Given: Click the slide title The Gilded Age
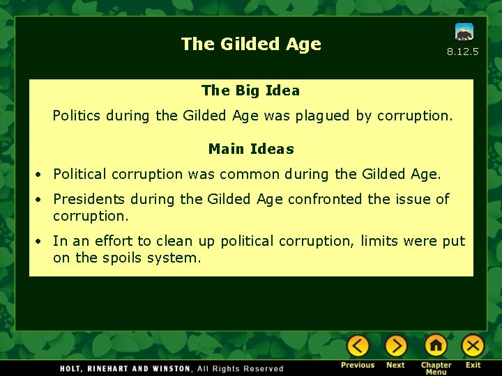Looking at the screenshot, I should pyautogui.click(x=251, y=44).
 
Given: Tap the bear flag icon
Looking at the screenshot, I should pyautogui.click(x=464, y=32).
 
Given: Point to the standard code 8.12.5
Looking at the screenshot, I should pyautogui.click(x=462, y=52).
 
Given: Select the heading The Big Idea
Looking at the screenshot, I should pyautogui.click(x=250, y=91).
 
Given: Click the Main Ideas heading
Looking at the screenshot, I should pyautogui.click(x=251, y=149).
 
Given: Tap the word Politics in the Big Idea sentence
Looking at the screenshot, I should pyautogui.click(x=77, y=116).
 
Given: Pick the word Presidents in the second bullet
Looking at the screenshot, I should pyautogui.click(x=90, y=199).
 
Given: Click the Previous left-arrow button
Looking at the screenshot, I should pyautogui.click(x=358, y=346).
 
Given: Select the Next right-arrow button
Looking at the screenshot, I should pyautogui.click(x=395, y=346).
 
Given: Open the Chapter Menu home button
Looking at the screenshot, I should pyautogui.click(x=436, y=346).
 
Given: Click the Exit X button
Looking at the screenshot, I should pyautogui.click(x=473, y=346).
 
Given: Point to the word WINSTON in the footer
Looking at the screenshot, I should pyautogui.click(x=167, y=368).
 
